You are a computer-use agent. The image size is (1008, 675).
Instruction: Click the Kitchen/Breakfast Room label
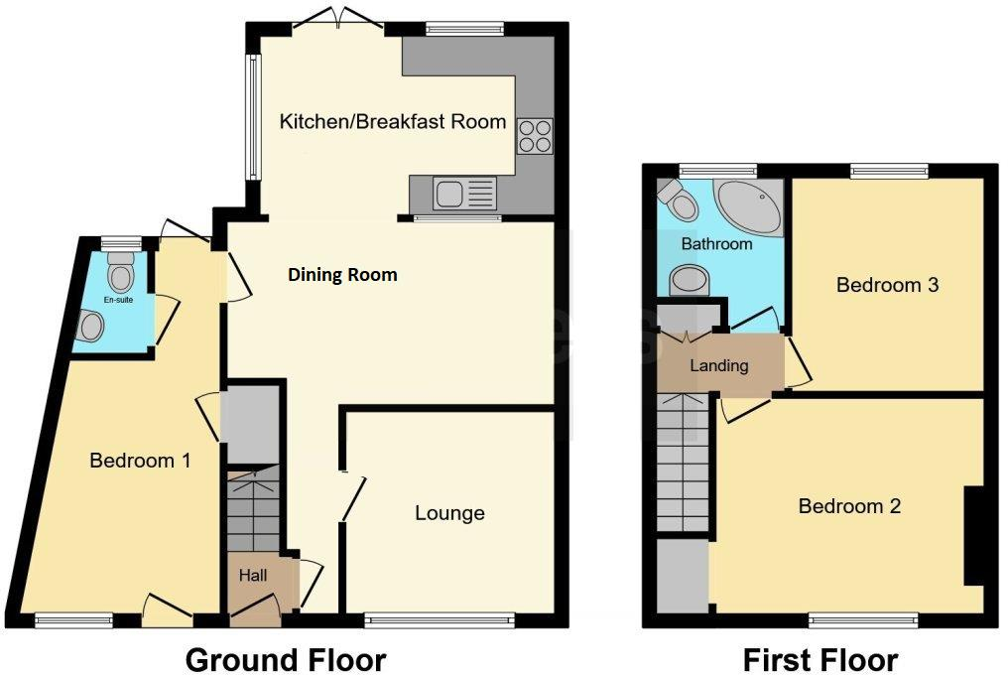393,122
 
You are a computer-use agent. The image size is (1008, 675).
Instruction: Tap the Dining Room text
342,275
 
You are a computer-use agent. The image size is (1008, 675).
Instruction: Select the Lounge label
449,513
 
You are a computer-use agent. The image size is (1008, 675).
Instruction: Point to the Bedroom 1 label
140,461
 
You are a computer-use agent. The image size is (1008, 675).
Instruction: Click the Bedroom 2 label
849,506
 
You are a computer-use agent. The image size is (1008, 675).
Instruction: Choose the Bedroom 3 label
887,286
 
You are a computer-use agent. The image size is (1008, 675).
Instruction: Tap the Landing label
718,365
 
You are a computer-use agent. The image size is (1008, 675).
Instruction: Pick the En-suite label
118,298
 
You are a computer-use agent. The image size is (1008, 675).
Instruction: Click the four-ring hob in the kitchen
534,136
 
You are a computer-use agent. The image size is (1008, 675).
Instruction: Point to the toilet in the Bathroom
681,202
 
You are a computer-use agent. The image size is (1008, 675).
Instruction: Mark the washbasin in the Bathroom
689,280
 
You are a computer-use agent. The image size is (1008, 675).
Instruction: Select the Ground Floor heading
285,658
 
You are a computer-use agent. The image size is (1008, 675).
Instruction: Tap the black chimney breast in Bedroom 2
974,534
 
